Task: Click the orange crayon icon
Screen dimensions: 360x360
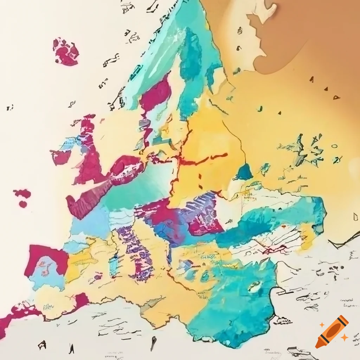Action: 332,331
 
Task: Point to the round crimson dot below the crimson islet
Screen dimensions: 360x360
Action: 23,204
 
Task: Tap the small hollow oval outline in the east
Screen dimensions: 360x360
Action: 334,145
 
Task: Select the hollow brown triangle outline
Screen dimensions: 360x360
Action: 336,97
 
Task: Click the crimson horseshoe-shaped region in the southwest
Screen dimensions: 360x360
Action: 46,257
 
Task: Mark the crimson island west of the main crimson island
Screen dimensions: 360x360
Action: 60,157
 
